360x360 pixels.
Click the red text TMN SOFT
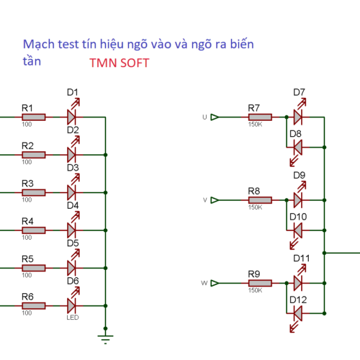pos(120,63)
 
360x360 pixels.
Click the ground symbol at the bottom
pos(106,338)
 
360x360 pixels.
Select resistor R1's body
pos(33,117)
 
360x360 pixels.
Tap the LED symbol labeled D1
pos(71,117)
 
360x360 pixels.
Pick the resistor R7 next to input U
pos(259,117)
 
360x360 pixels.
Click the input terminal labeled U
pos(214,117)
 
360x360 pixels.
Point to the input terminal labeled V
pos(214,200)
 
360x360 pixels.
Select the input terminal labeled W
pos(214,283)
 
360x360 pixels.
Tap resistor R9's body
pos(259,283)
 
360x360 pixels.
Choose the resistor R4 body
pos(33,230)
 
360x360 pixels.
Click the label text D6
pos(73,281)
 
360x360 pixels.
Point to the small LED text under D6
pos(73,318)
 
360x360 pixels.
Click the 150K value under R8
pos(255,207)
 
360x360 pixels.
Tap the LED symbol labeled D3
pos(71,192)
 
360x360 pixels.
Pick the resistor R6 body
pos(33,305)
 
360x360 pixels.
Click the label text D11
pos(301,258)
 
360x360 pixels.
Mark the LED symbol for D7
pos(298,117)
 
